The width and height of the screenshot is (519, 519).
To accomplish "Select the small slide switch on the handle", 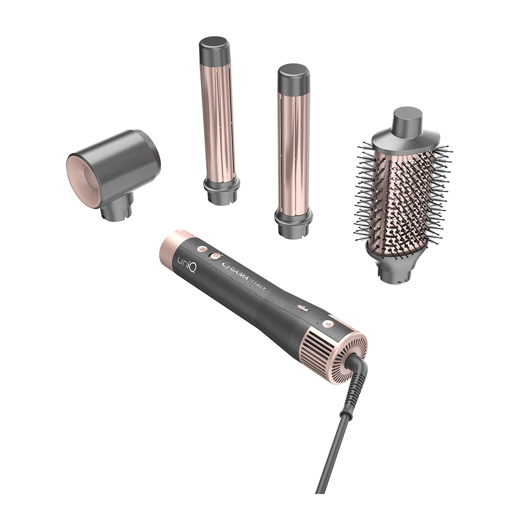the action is click(x=303, y=307).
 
